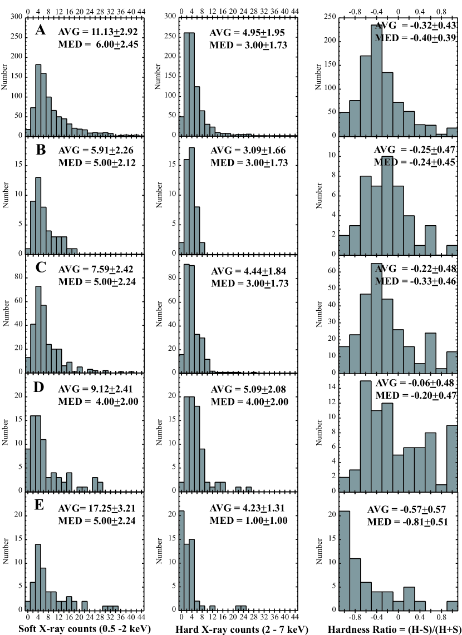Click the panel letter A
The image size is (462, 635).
coord(40,31)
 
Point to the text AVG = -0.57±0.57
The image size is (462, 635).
coord(402,509)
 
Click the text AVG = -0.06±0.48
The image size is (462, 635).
coord(412,383)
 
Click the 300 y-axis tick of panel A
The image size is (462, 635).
coord(17,17)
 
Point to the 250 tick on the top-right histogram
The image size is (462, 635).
coord(330,17)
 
